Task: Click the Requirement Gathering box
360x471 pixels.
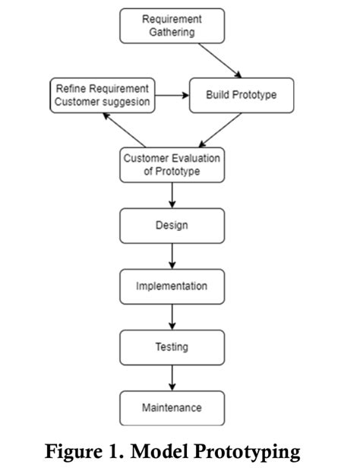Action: [172, 26]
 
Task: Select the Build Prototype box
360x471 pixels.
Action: [241, 95]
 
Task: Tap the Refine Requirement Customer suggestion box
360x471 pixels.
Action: [102, 95]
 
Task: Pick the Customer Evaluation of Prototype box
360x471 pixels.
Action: [172, 164]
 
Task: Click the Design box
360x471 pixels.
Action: [172, 226]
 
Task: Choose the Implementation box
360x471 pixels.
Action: [172, 286]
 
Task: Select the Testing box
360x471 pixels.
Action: [172, 347]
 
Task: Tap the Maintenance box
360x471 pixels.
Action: [172, 408]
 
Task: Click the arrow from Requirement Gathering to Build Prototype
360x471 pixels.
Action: [219, 60]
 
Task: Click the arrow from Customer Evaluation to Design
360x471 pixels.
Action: [172, 195]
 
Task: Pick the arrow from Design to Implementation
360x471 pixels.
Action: [172, 256]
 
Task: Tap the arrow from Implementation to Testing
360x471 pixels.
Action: [172, 317]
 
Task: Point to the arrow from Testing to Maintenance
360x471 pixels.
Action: [172, 378]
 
